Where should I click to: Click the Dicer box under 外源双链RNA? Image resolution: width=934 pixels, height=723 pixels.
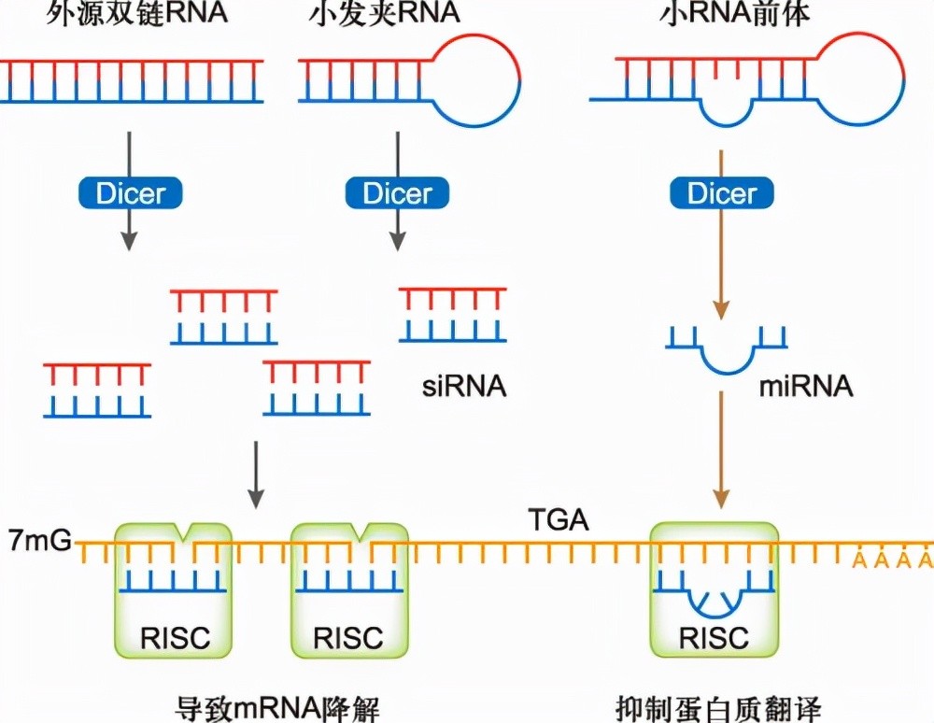(131, 193)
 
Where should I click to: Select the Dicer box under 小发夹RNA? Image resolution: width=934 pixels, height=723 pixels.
(397, 193)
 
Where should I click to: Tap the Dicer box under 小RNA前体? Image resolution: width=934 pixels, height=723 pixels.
(722, 193)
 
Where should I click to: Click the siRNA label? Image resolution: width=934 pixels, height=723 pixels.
(464, 386)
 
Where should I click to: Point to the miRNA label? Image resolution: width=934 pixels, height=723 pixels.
(806, 386)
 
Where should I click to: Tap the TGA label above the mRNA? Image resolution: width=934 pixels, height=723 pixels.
(559, 519)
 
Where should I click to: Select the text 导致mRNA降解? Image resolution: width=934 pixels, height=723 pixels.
(277, 708)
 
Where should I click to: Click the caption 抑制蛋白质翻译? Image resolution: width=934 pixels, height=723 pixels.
(719, 708)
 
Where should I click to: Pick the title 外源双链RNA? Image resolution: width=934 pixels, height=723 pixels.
(137, 13)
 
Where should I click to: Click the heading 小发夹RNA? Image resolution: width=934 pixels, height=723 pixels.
(385, 13)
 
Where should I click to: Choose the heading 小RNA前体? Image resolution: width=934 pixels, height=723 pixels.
(735, 13)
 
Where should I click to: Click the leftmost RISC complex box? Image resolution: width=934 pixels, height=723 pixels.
(173, 590)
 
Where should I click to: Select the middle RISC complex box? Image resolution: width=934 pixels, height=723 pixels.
(349, 590)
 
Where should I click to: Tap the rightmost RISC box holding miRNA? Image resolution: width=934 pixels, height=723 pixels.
(714, 590)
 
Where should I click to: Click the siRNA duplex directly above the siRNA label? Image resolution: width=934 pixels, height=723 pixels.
(453, 315)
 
